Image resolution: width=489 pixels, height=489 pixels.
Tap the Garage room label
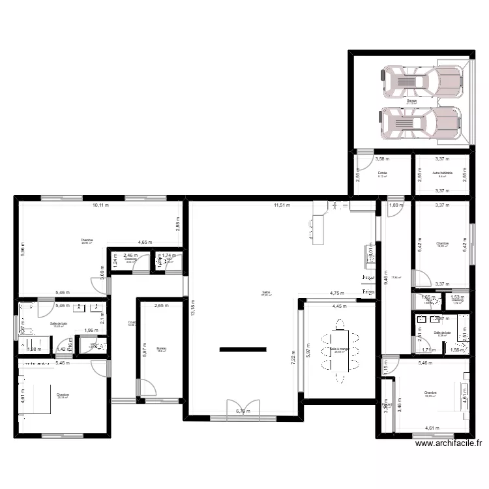[411, 101]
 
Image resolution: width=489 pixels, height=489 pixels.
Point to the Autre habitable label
[442, 173]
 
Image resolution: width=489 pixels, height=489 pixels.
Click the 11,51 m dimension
[282, 205]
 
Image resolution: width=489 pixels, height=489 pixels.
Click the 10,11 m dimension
[101, 205]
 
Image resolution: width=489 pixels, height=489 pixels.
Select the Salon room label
[266, 293]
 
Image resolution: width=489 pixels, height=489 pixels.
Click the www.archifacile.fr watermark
[449, 443]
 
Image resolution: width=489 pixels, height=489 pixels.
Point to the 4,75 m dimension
[337, 293]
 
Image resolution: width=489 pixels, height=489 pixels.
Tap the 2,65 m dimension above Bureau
[162, 305]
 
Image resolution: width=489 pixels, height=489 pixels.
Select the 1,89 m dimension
[394, 205]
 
